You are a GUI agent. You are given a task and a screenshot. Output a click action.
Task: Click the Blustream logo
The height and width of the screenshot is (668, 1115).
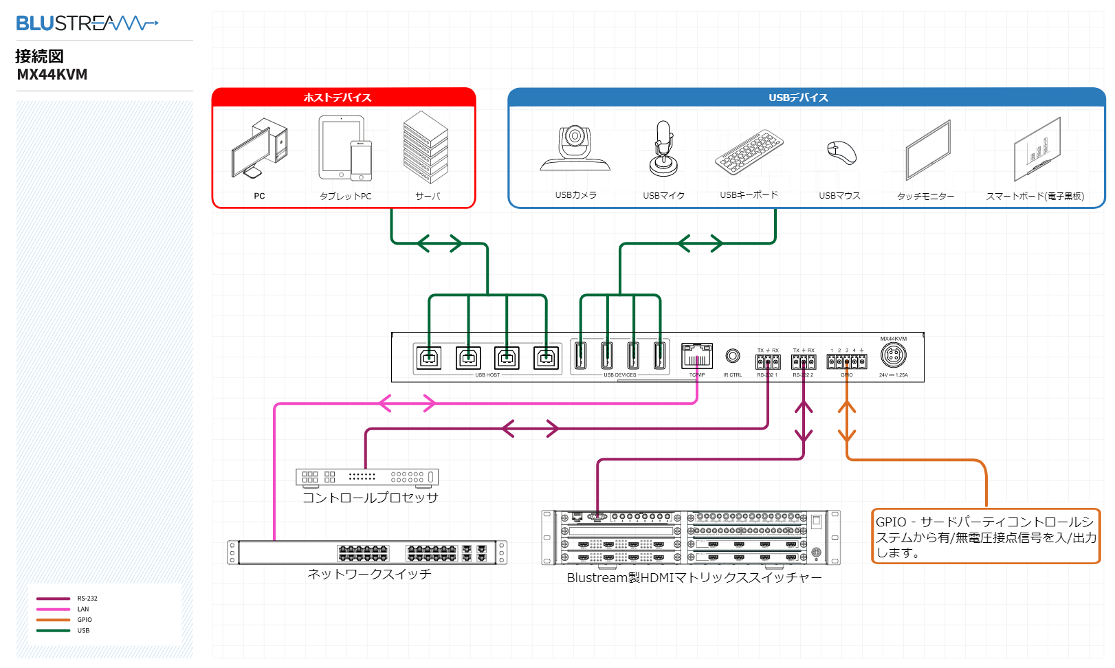point(87,23)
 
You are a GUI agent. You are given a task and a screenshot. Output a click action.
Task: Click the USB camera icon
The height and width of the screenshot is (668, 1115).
point(575,148)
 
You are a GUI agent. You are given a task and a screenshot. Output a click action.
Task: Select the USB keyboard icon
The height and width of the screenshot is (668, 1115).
point(749,153)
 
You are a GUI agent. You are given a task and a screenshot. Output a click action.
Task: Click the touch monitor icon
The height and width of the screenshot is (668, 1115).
point(927,150)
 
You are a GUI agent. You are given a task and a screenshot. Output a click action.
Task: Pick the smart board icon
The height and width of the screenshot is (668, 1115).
point(1037,149)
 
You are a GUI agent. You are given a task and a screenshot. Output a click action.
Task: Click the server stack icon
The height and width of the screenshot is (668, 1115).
point(426,147)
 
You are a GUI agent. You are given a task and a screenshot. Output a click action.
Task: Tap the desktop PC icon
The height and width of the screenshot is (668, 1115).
point(259,148)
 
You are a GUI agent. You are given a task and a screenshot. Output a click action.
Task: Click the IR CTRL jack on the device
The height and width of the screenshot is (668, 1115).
point(733,356)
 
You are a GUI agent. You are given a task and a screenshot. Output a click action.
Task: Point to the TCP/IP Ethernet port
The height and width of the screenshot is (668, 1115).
point(697,356)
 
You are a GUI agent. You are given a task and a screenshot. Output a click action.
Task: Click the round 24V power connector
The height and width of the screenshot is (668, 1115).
point(893,355)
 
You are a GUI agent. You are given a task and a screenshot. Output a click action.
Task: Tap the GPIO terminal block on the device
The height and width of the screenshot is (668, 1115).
point(846,361)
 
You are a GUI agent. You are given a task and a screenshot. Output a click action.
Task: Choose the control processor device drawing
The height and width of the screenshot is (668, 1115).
point(366,477)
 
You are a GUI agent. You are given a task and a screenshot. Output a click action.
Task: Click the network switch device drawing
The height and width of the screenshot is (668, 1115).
point(367,553)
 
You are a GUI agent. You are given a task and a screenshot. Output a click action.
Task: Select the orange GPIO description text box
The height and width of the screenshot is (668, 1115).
point(986,537)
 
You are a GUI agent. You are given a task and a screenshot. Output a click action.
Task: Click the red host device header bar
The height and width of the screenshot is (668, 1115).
point(344,98)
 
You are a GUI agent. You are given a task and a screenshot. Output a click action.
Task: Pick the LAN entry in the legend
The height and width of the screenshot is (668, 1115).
point(82,609)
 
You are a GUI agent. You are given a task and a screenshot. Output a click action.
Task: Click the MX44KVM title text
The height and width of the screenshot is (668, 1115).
point(52,74)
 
